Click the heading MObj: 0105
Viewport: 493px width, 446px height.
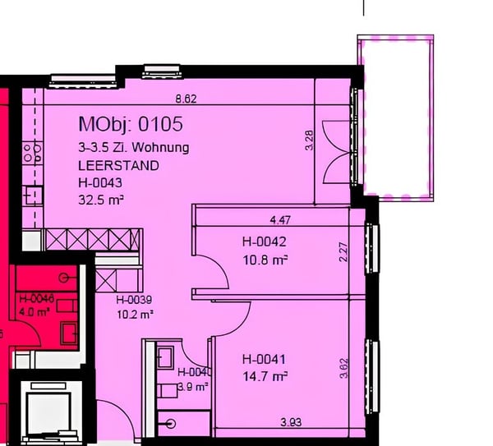point(130,125)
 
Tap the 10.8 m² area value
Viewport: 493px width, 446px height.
point(265,260)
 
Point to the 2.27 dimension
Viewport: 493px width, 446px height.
point(343,251)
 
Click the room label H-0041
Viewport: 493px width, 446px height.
point(263,359)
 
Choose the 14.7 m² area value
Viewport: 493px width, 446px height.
point(265,377)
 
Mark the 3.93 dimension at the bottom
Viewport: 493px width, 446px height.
point(290,423)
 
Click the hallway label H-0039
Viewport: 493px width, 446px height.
point(135,301)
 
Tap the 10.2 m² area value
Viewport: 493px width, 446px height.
point(135,314)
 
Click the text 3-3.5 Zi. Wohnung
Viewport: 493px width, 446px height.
point(134,149)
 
